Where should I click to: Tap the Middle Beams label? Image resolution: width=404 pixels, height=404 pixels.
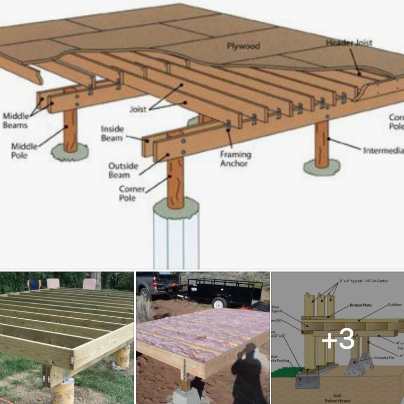tap(15, 120)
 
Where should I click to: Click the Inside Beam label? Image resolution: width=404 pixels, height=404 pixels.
tap(113, 133)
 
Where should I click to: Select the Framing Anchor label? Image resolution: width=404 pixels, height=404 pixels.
tap(235, 159)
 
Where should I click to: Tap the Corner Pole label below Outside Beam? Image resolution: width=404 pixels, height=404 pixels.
tap(132, 193)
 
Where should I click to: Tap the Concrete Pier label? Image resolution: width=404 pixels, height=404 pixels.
tap(382, 358)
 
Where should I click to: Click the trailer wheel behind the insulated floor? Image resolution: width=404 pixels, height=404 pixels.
tap(219, 302)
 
